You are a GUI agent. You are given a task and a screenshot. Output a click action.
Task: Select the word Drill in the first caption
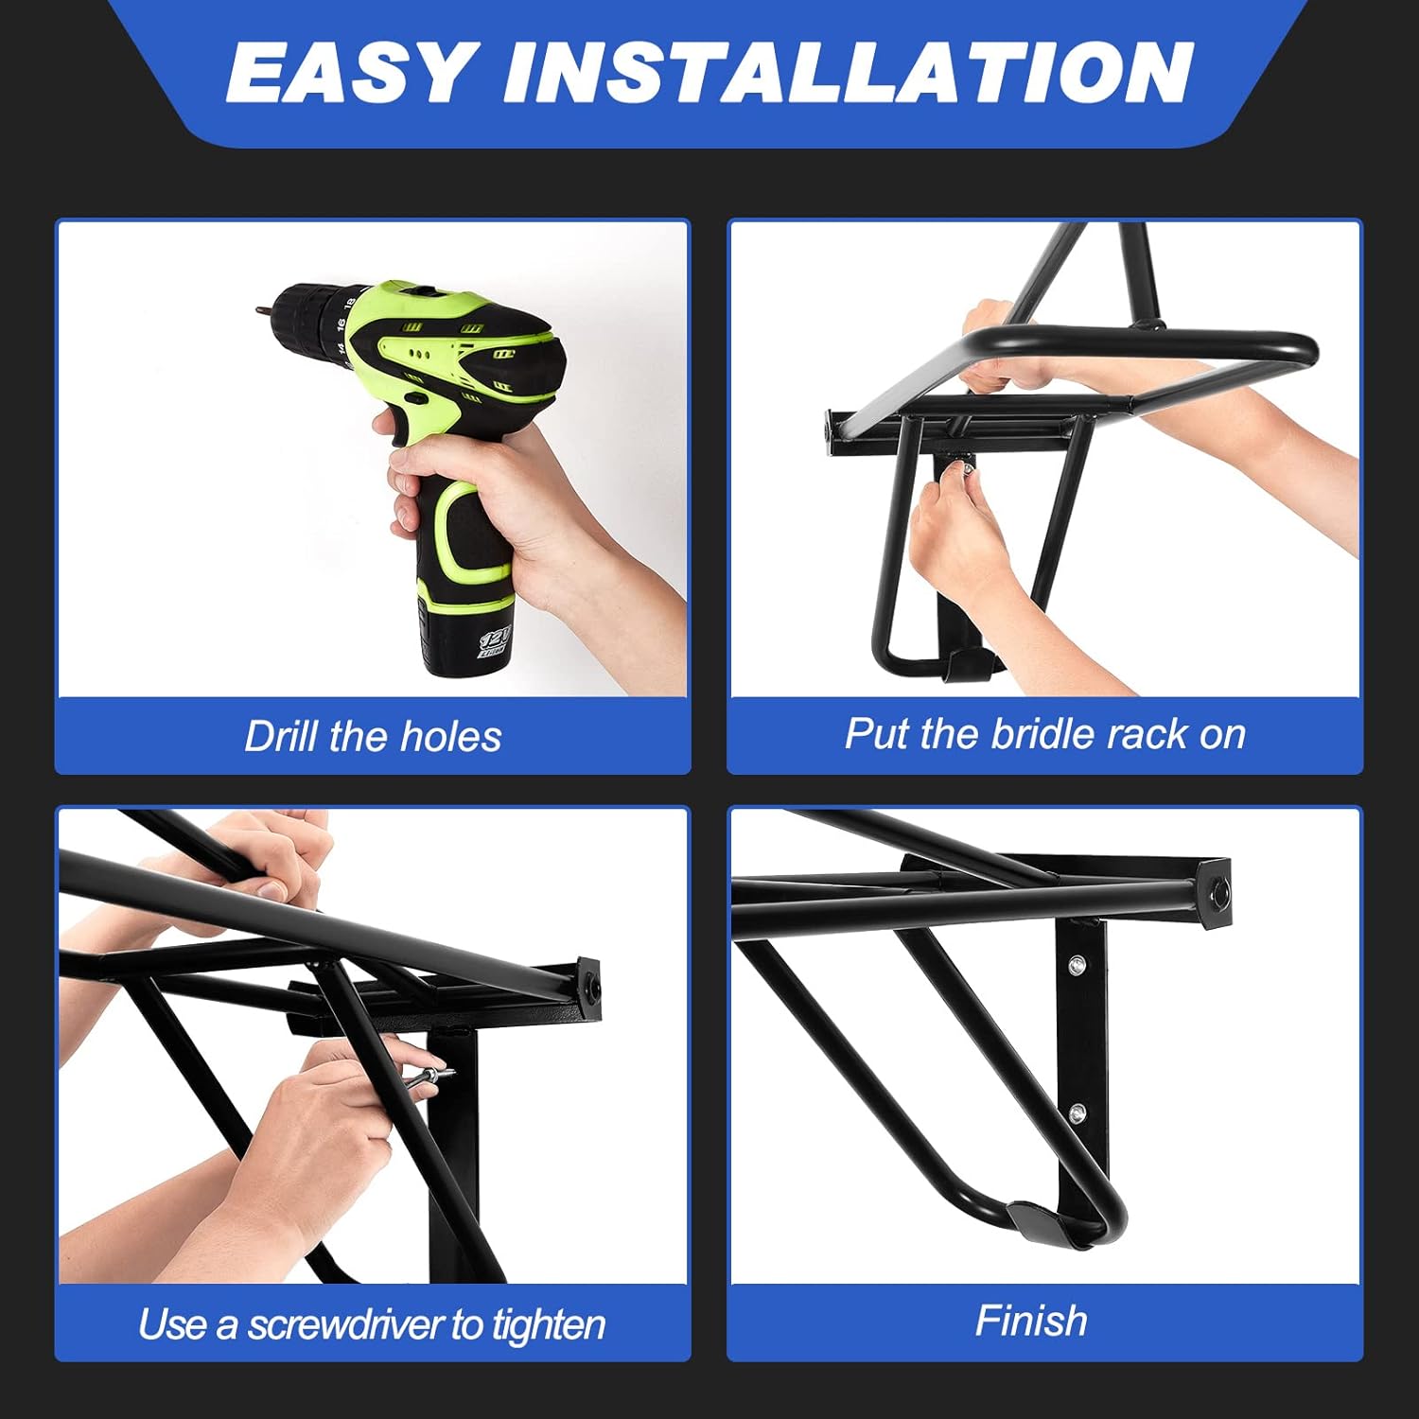coord(282,737)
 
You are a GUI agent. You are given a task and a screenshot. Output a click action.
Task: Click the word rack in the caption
coord(1147,734)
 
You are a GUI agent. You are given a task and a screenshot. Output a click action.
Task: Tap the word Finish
coord(1031,1321)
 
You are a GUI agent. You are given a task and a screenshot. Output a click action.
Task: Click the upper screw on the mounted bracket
coord(1077,966)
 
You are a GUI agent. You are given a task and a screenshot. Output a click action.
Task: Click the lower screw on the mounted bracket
coord(1077,1112)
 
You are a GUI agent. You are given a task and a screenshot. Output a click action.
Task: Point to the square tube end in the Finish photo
coord(1216,890)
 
